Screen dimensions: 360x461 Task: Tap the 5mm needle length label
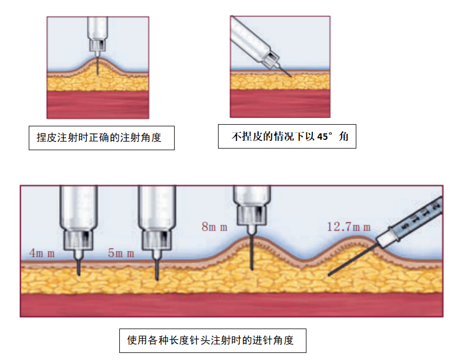coord(120,253)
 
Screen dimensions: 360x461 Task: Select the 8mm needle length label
coord(215,227)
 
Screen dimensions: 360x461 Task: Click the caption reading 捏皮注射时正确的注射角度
coord(101,138)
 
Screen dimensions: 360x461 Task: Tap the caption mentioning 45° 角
coord(287,137)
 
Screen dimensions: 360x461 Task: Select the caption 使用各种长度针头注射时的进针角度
coord(213,340)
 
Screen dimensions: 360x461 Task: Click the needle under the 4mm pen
coord(79,265)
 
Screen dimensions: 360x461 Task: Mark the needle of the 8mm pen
coord(251,252)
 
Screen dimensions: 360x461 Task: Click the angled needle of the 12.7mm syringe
coord(353,259)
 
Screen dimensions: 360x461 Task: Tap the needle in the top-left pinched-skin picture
coord(98,64)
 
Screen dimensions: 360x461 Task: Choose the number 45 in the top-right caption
coord(323,137)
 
